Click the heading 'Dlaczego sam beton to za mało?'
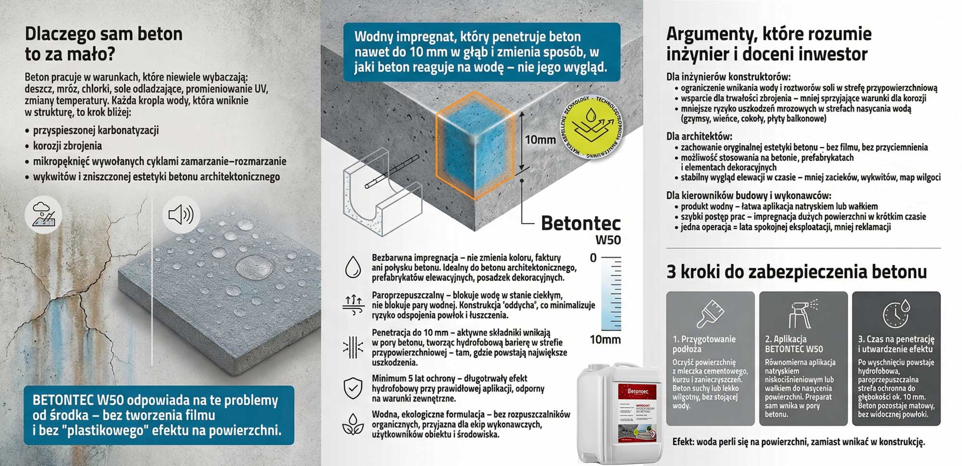[x=103, y=44]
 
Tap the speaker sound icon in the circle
[x=181, y=215]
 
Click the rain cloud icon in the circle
[x=43, y=215]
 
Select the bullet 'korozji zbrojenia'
[x=67, y=146]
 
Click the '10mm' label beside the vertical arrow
[x=540, y=140]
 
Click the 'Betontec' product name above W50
[x=580, y=223]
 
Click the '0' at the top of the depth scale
[x=593, y=258]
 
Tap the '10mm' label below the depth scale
[x=605, y=340]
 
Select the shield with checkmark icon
[x=353, y=388]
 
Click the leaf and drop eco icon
[x=353, y=424]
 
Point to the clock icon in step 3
[x=896, y=314]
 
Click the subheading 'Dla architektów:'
[x=698, y=136]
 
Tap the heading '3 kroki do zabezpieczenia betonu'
[x=796, y=272]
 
